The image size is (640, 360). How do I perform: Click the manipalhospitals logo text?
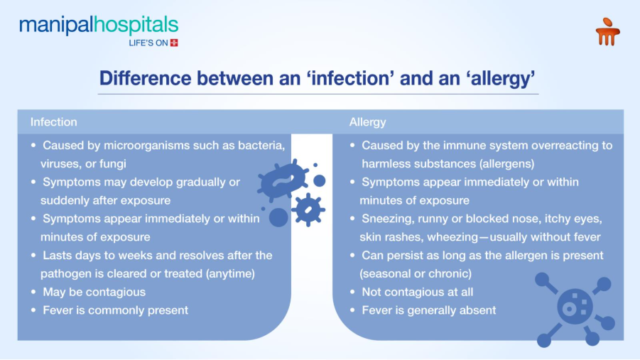pos(99,26)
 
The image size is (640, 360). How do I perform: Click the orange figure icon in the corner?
pos(607,32)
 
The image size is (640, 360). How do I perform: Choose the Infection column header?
pos(53,122)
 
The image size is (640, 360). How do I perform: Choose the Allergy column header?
pos(367,122)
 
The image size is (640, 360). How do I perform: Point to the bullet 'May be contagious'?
pos(94,292)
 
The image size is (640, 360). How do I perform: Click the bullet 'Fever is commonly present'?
pos(115,310)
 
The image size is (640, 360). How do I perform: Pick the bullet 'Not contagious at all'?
pos(417,292)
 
